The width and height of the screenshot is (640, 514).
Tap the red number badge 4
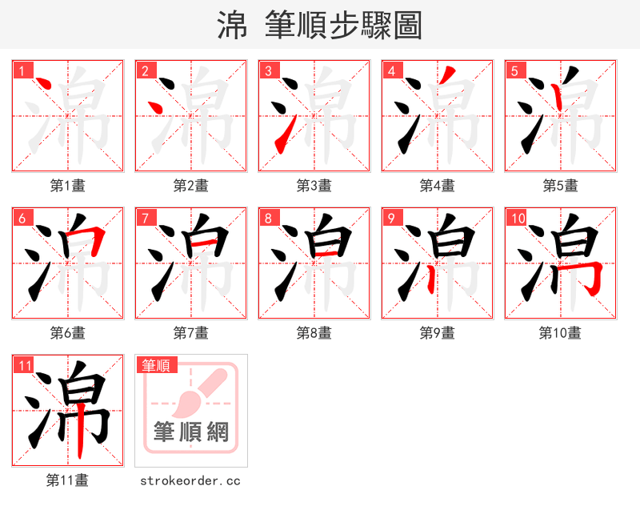tap(392, 71)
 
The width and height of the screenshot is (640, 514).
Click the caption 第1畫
tap(68, 186)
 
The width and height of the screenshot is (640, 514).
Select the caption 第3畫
tap(314, 186)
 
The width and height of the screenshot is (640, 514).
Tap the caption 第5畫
tap(560, 186)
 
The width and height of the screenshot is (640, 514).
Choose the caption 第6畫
tap(68, 333)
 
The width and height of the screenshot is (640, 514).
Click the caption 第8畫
tap(314, 333)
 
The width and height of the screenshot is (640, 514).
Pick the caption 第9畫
tap(438, 333)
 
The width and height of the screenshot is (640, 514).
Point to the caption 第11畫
tap(68, 480)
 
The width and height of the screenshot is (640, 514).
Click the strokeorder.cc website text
tap(190, 481)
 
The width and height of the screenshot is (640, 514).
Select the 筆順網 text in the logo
tap(191, 432)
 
